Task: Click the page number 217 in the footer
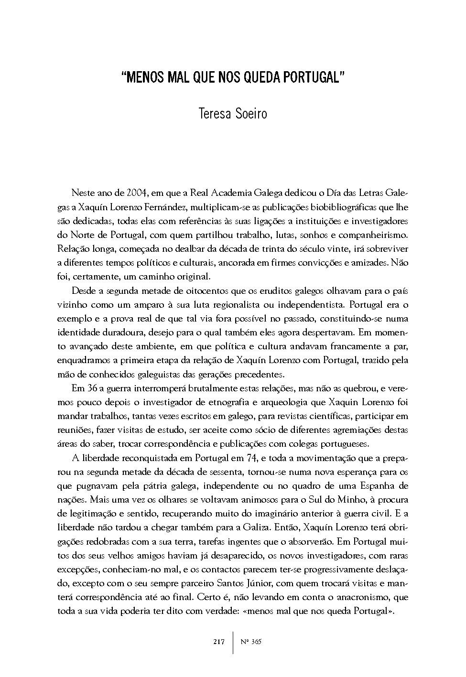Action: tap(219, 642)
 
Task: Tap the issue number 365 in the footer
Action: tap(255, 642)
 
